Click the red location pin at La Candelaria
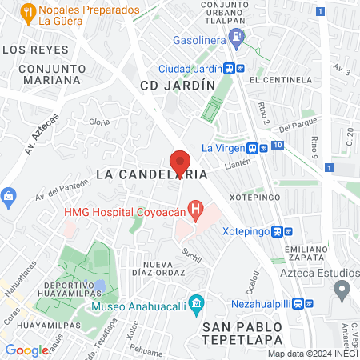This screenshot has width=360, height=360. coord(180,162)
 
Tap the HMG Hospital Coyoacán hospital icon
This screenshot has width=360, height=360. coord(194,210)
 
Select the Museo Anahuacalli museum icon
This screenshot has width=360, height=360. coord(199,305)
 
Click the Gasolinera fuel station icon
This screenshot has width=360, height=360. coord(237,38)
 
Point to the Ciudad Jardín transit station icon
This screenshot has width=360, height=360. coord(229,69)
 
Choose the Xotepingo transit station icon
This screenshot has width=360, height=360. coord(278,231)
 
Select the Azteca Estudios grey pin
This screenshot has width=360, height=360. coord(342,289)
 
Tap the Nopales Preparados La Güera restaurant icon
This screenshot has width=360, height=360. coord(28,11)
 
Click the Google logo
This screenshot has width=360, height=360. coord(26,350)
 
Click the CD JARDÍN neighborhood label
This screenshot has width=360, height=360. coord(178,85)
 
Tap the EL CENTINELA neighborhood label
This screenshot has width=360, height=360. coord(279,80)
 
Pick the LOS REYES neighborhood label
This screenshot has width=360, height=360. coord(30,50)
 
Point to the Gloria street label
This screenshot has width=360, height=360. coord(99,122)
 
